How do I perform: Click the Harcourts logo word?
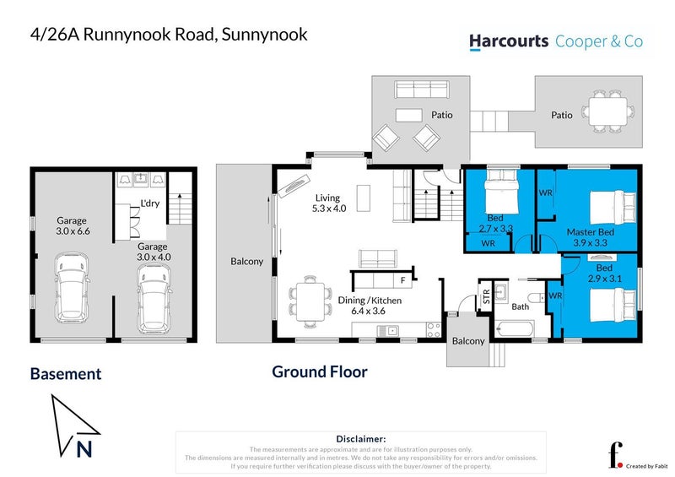(508, 41)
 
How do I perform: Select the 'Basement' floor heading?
(66, 373)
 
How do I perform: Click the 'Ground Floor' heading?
(319, 371)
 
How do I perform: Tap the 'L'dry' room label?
(150, 203)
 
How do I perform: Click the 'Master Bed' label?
(591, 231)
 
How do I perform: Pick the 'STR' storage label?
(486, 297)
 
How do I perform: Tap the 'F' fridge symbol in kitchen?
(403, 279)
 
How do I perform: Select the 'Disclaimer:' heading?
(360, 439)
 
